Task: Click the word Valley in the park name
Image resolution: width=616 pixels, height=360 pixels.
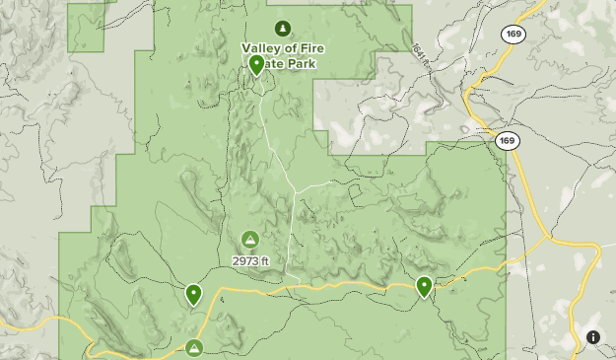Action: coord(262,47)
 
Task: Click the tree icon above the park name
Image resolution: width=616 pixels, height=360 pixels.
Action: coord(284,28)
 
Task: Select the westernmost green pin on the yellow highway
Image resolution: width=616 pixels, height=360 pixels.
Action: coord(193,294)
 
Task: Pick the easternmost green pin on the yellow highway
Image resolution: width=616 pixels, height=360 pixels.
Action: coord(424,287)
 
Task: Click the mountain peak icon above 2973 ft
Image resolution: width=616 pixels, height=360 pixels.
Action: coord(250,240)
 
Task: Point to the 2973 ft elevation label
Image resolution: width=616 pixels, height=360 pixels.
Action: coord(250,261)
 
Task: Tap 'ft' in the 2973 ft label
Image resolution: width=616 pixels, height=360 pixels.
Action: coord(265,261)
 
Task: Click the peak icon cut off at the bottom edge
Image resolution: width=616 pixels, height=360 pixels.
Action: coord(194,348)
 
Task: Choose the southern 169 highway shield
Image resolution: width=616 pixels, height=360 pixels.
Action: coord(507,141)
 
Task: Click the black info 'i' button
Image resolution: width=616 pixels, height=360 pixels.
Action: coord(593,337)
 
